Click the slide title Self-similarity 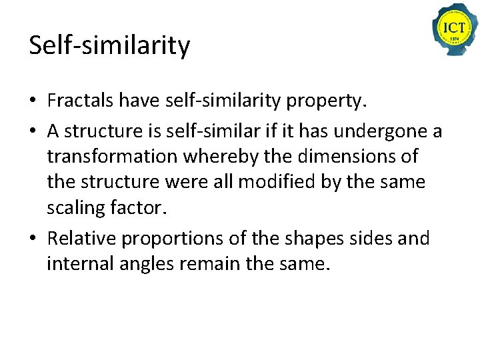tap(109, 46)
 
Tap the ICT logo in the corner tap(455, 29)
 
